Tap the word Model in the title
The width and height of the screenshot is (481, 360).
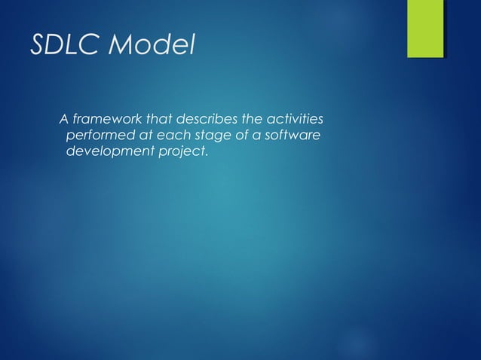point(152,46)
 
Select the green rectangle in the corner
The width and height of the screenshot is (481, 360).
point(425,29)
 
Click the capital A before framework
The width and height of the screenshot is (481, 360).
point(64,120)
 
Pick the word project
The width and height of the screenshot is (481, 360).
point(179,152)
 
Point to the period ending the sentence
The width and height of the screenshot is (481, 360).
point(205,155)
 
